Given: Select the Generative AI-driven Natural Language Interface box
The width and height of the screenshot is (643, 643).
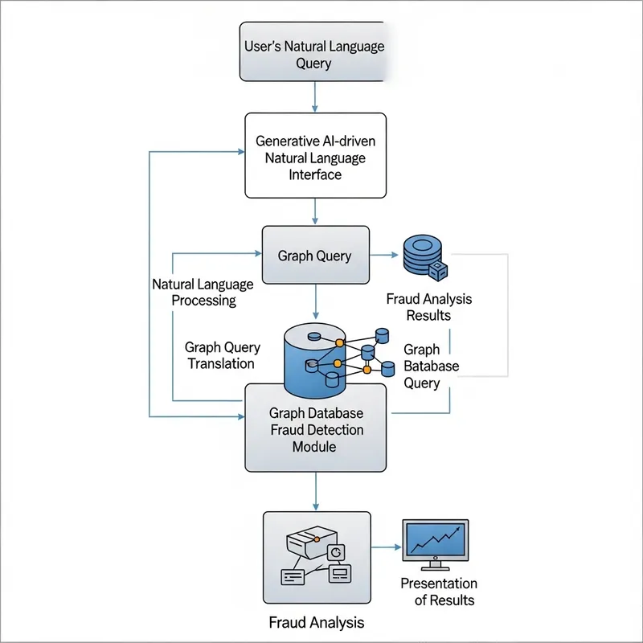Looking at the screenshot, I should [314, 154].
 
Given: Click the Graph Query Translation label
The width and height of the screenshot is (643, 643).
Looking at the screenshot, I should [222, 355].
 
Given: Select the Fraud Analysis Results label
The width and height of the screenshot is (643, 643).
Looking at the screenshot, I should [428, 306].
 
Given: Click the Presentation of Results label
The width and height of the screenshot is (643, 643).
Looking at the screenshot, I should [438, 592].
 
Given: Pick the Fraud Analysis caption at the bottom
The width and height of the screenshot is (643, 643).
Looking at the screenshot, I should [316, 622].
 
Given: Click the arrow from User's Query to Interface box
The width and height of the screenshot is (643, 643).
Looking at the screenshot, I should [314, 96].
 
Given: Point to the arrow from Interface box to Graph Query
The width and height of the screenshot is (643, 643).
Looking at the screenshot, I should [314, 211].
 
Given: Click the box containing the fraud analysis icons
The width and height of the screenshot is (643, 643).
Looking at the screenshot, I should [316, 556].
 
